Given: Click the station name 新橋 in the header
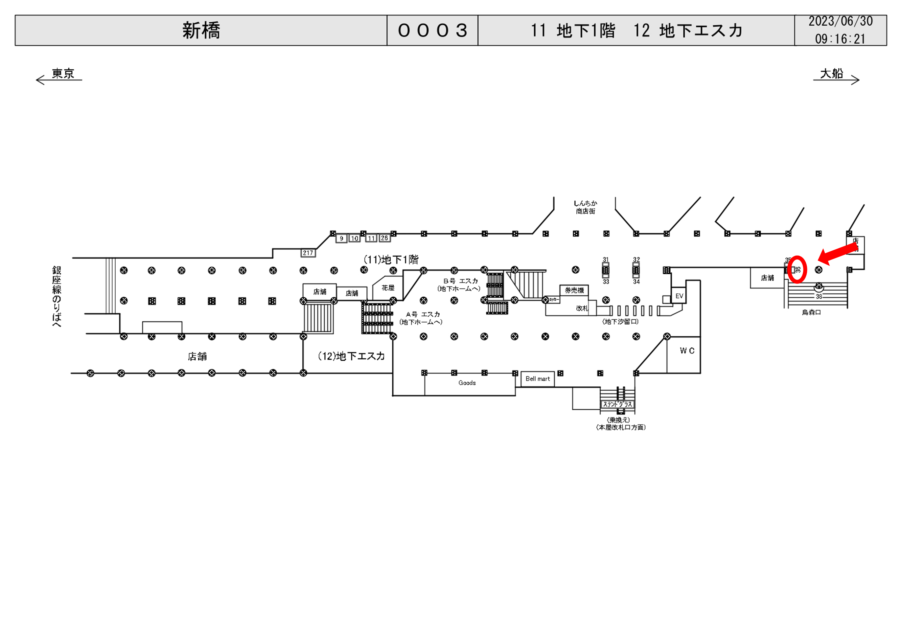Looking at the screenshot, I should click(201, 31).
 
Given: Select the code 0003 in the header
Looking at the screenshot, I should click(432, 31).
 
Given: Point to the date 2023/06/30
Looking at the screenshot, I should click(840, 21).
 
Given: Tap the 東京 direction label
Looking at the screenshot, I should click(63, 74).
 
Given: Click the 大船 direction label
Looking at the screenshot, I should click(831, 74).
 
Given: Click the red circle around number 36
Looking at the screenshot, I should click(797, 269).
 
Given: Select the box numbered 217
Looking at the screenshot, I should click(308, 253).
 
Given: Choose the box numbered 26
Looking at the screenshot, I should click(384, 238).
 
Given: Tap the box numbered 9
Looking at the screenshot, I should click(341, 239).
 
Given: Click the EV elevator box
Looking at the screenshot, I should click(679, 296).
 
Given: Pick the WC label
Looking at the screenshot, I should click(687, 351).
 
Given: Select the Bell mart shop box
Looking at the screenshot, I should click(538, 379).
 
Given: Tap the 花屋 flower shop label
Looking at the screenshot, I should click(388, 288).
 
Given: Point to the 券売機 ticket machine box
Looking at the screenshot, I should click(574, 290).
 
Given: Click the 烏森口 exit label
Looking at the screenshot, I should click(811, 312).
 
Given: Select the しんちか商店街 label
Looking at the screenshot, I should click(585, 207).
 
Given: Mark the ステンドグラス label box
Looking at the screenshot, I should click(617, 404).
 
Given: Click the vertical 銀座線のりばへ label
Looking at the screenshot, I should click(57, 296).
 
